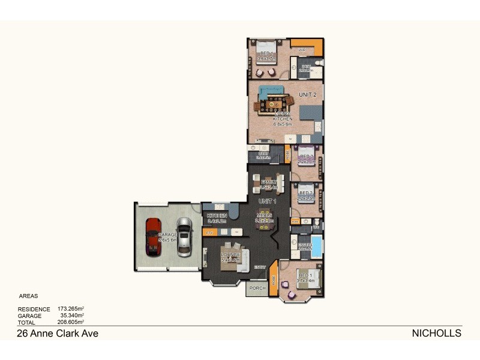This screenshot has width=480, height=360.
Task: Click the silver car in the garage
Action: pos(184,236)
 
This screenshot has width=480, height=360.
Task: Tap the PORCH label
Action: pos(257,288)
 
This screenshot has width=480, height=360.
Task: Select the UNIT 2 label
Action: pos(307,95)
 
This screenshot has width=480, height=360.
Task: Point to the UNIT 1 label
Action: pos(267,200)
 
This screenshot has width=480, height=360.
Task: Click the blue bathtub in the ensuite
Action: pos(316,246)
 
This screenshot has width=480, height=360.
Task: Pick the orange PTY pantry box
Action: pos(210,232)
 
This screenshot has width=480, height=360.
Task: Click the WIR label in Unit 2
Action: pos(303,49)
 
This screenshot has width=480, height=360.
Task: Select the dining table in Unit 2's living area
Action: pos(274,103)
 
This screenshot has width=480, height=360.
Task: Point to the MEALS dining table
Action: pos(265,220)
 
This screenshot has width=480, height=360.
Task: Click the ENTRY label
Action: pos(260,267)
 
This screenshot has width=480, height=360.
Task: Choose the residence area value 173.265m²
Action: pos(70,309)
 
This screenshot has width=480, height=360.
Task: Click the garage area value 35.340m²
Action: pos(72,316)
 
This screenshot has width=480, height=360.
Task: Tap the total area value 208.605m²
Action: pos(70,322)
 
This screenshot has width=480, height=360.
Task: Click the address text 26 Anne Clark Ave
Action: pos(58,334)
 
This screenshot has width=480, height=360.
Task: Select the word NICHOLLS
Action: pos(436,334)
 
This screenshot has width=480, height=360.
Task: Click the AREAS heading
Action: pos(29,296)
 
